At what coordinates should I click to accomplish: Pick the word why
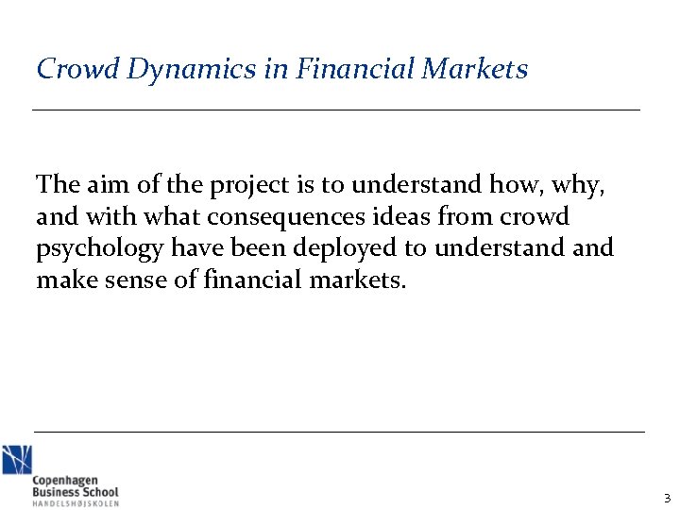578,186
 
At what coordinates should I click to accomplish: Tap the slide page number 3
667,498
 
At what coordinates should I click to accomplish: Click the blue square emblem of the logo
16,460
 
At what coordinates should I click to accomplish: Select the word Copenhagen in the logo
65,481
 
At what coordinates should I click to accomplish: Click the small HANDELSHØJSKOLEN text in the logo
76,502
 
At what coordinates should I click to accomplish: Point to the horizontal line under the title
336,110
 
